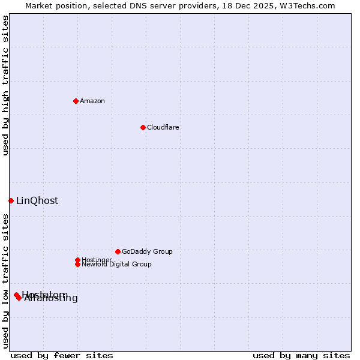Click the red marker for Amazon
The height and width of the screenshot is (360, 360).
pyautogui.click(x=76, y=101)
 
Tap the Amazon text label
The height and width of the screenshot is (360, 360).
pyautogui.click(x=92, y=101)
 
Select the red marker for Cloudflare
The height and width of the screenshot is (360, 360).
pyautogui.click(x=143, y=127)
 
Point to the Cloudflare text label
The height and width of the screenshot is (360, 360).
pyautogui.click(x=163, y=127)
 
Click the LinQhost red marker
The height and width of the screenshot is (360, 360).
pyautogui.click(x=11, y=200)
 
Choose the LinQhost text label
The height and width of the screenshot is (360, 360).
pyautogui.click(x=37, y=201)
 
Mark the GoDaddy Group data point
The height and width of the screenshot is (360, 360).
pyautogui.click(x=118, y=251)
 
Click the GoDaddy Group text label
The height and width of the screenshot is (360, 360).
pyautogui.click(x=147, y=251)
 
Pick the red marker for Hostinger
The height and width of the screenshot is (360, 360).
pyautogui.click(x=77, y=260)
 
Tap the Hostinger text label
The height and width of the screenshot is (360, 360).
pyautogui.click(x=97, y=260)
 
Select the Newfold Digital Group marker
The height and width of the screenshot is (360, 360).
pyautogui.click(x=77, y=264)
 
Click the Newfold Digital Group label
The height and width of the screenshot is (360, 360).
pyautogui.click(x=117, y=265)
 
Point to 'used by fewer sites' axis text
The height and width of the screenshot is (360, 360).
pyautogui.click(x=62, y=355)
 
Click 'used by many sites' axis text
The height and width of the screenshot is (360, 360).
pyautogui.click(x=301, y=355)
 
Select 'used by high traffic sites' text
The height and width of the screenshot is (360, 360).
pyautogui.click(x=5, y=85)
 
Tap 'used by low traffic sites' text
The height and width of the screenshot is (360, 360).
pyautogui.click(x=5, y=281)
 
